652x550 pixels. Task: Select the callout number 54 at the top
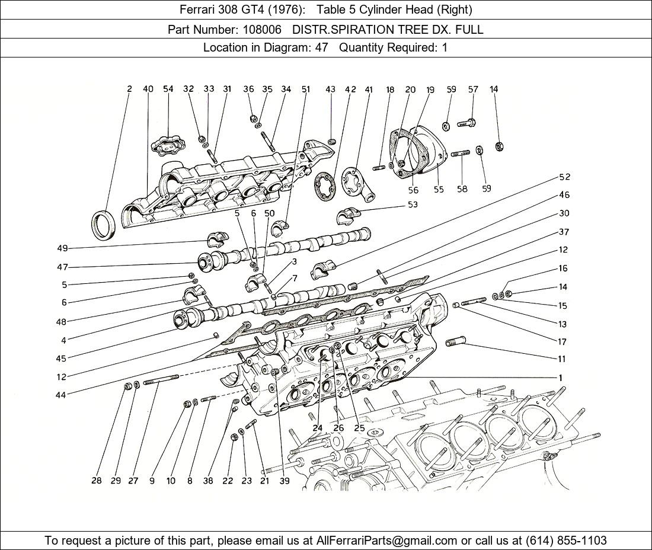click(x=168, y=88)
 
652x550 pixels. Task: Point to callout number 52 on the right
click(x=564, y=177)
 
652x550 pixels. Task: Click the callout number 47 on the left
click(x=62, y=267)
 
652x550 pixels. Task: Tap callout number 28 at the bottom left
click(x=97, y=481)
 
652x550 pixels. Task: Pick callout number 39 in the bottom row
click(x=285, y=481)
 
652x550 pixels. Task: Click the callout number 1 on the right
click(x=561, y=378)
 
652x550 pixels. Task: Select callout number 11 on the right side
click(x=562, y=359)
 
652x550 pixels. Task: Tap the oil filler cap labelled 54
click(x=168, y=146)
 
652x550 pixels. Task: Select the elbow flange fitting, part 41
click(x=356, y=184)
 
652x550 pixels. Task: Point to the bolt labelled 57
click(x=466, y=123)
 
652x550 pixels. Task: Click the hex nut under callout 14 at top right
click(x=500, y=146)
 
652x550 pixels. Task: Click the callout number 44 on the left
click(x=60, y=395)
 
